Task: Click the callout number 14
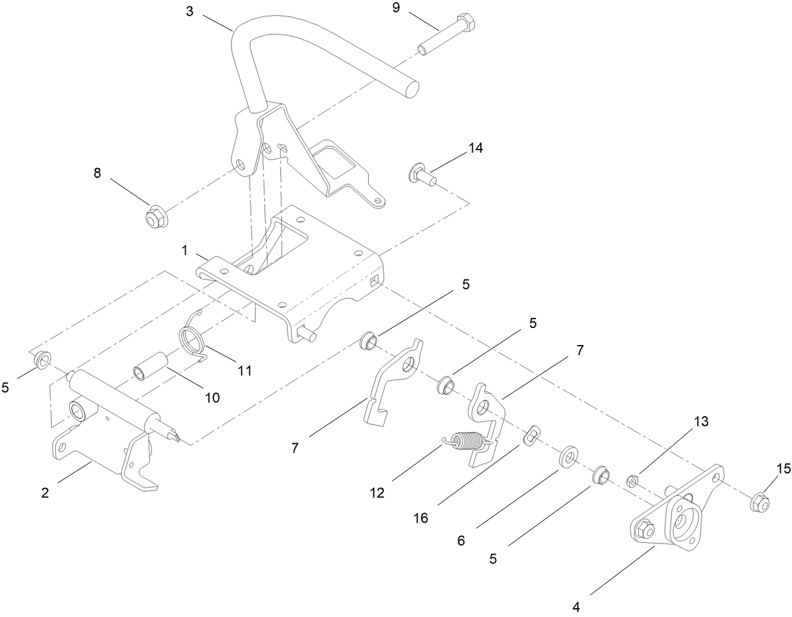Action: (475, 148)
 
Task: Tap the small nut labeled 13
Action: (635, 482)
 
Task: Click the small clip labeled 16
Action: (533, 434)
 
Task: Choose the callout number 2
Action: (45, 493)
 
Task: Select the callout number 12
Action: (376, 493)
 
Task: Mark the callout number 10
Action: (212, 397)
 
